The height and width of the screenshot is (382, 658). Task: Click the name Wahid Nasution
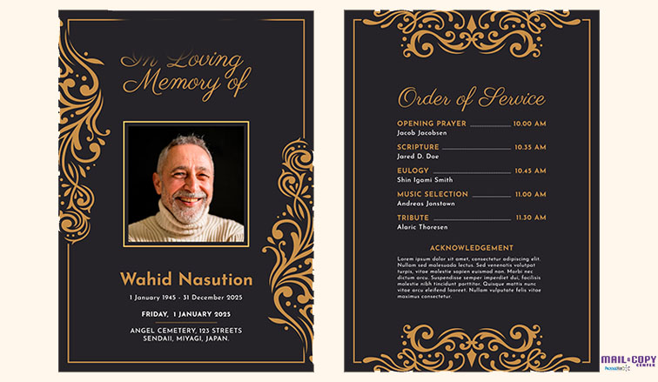(185, 279)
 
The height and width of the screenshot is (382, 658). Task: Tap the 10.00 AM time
(529, 124)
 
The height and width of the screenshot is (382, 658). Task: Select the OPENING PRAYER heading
(432, 124)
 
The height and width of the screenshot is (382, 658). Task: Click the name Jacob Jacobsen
(422, 133)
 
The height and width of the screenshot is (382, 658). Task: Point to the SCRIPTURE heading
(418, 147)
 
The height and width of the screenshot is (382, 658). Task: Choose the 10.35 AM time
(529, 147)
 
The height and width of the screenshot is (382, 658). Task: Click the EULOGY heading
(413, 171)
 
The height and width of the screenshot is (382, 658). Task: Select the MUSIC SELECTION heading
(433, 194)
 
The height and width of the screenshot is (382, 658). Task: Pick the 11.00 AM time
(529, 194)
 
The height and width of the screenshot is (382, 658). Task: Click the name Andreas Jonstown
(426, 204)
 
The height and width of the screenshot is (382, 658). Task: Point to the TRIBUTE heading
(413, 218)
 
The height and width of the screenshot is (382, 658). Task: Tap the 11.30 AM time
(529, 218)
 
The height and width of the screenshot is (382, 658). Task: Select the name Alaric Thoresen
(422, 227)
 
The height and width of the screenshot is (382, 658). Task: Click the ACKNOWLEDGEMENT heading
(472, 248)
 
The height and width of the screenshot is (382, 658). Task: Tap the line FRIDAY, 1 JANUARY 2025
(185, 314)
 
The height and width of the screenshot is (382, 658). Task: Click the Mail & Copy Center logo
(627, 363)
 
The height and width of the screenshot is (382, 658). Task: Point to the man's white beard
(185, 209)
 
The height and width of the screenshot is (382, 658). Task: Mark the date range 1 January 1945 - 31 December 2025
(185, 298)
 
